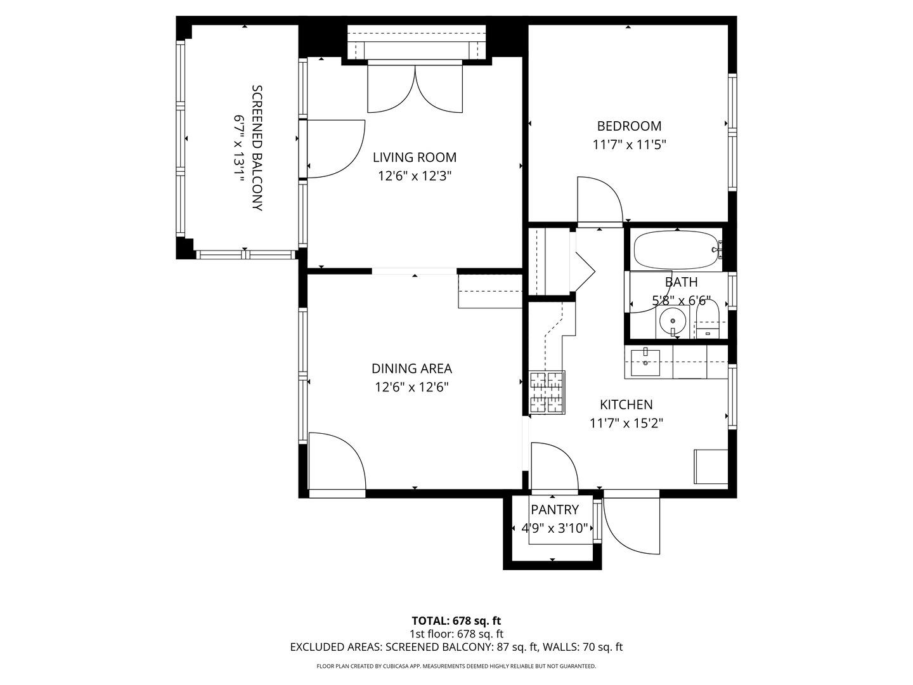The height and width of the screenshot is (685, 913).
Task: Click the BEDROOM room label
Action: [629, 126]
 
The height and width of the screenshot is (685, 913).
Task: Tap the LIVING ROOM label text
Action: [414, 157]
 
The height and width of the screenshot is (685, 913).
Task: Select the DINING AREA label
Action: [411, 369]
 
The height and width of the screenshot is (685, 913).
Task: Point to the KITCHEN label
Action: [626, 405]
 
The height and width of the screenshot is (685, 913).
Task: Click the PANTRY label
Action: [554, 510]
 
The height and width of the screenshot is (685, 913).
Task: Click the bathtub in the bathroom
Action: [677, 250]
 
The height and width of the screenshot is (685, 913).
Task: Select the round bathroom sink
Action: [672, 322]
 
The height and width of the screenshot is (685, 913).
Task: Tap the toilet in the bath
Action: [707, 320]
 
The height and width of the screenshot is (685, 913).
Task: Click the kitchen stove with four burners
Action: [547, 392]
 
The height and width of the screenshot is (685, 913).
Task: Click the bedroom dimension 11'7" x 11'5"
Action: [629, 145]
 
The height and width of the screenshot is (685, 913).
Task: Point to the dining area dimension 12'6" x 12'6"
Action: [411, 387]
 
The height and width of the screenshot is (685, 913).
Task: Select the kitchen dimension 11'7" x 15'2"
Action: [626, 423]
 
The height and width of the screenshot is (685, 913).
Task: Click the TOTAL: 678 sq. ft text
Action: [456, 621]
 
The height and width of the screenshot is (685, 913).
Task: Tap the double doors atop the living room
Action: [415, 89]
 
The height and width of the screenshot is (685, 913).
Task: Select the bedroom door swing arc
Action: [600, 200]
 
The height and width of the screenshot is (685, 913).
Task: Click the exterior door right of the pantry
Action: [631, 523]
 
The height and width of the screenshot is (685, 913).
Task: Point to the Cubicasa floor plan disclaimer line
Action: [456, 666]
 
